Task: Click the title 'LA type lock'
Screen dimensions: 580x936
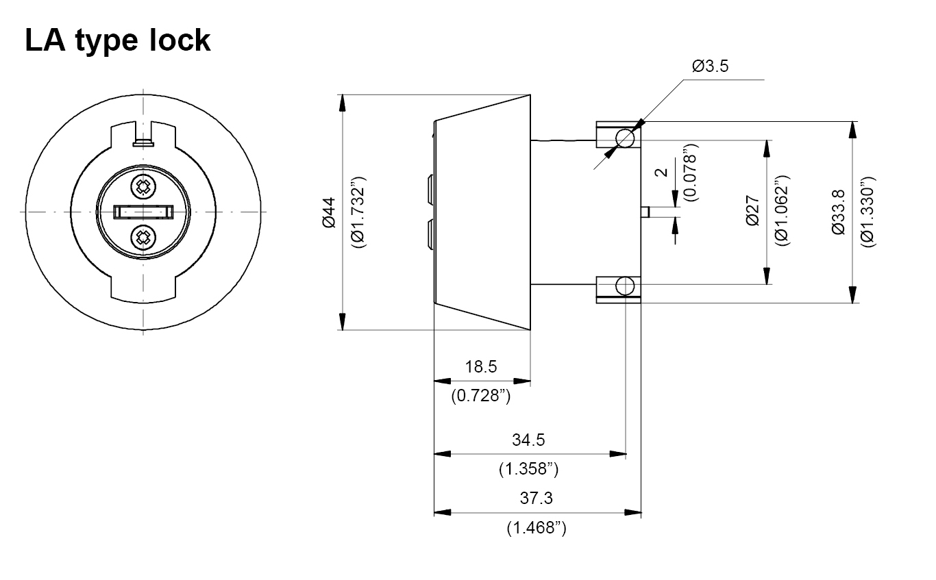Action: (x=117, y=40)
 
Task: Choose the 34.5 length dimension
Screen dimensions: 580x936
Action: (x=528, y=439)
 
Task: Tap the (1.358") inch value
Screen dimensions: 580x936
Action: (x=528, y=469)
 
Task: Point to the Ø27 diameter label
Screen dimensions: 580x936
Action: (x=752, y=212)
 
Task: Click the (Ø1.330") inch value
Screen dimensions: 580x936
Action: (x=868, y=212)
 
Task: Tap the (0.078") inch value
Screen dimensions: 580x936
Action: (x=691, y=171)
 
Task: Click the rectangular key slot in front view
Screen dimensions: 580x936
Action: (x=143, y=212)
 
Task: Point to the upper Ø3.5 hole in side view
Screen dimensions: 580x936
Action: (x=625, y=138)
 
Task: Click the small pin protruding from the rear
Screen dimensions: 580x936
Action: (x=645, y=212)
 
